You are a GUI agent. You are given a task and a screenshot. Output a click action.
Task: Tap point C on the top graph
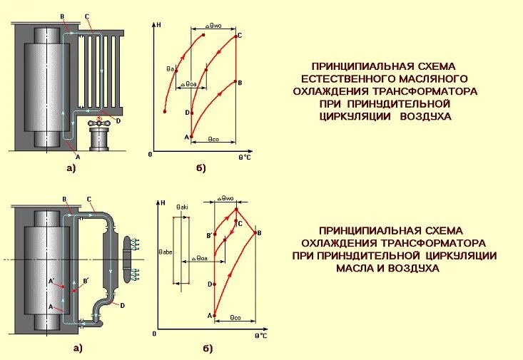(235, 36)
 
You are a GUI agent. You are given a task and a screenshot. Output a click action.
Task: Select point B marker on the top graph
(235, 83)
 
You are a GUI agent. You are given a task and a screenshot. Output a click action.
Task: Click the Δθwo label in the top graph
(213, 25)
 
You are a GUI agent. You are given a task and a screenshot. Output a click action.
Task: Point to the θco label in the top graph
(213, 139)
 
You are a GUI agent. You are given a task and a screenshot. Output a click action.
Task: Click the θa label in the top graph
(171, 68)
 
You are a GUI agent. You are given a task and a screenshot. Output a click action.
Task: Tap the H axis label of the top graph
(159, 25)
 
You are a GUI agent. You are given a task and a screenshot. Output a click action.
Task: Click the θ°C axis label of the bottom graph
(261, 335)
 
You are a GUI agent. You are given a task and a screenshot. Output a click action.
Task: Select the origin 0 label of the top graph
(151, 154)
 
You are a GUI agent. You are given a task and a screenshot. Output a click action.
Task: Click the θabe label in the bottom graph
(166, 252)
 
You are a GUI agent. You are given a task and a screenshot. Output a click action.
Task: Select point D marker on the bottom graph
(213, 284)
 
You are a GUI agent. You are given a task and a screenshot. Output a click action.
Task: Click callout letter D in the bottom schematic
(123, 305)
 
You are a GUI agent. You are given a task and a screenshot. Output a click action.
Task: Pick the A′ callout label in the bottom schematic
(51, 281)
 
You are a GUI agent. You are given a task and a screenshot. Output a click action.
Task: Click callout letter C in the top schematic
(86, 16)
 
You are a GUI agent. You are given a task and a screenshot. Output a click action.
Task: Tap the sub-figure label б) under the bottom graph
(208, 348)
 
